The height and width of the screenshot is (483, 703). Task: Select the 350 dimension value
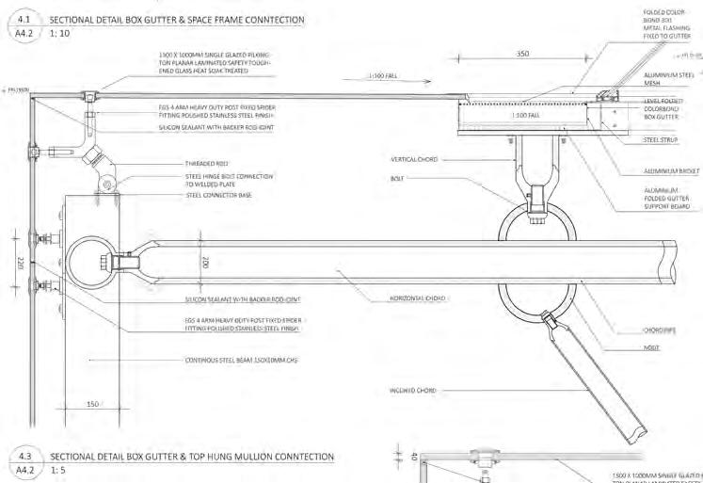pos(522,54)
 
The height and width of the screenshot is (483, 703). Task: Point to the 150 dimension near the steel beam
pos(91,404)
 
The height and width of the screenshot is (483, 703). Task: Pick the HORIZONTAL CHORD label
pos(417,298)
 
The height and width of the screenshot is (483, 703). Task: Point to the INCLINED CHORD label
pos(412,390)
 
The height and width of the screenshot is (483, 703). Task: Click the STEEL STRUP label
pos(661,140)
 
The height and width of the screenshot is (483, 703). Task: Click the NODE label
pos(651,347)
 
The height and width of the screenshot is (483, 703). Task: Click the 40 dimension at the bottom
pos(412,457)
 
